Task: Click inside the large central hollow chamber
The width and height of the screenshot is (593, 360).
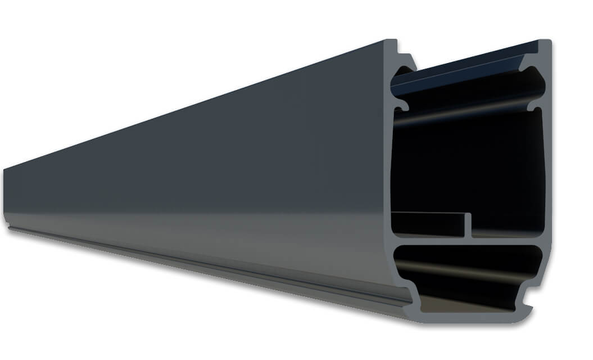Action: coord(467,163)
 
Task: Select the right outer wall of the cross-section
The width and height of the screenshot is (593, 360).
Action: coord(547,169)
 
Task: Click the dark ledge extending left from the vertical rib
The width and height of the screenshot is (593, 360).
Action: coord(427,217)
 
